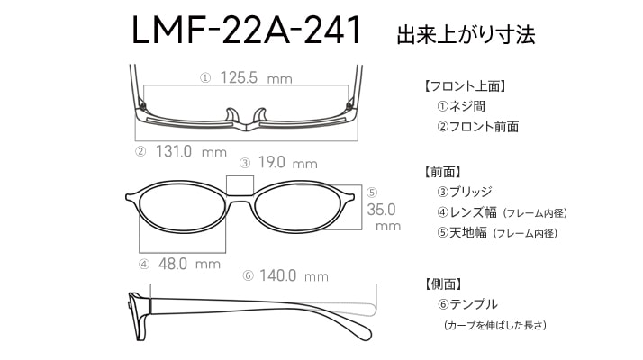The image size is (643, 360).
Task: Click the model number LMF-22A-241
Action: pyautogui.click(x=246, y=31)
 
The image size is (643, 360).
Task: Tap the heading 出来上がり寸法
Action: pyautogui.click(x=466, y=35)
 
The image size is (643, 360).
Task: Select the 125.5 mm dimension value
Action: pyautogui.click(x=257, y=77)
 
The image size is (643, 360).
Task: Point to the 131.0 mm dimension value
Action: pyautogui.click(x=191, y=152)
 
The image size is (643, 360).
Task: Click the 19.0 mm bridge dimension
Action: pyautogui.click(x=287, y=163)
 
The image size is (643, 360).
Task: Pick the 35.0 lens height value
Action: pyautogui.click(x=381, y=210)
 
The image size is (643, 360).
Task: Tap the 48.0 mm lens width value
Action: pyautogui.click(x=189, y=264)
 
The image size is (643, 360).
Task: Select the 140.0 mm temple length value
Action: pyautogui.click(x=294, y=275)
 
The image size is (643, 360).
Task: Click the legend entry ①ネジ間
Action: pyautogui.click(x=461, y=106)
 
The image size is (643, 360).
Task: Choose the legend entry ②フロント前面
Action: pyautogui.click(x=477, y=127)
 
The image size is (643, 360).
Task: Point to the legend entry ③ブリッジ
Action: pyautogui.click(x=464, y=192)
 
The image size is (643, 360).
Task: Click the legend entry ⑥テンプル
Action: pyautogui.click(x=467, y=304)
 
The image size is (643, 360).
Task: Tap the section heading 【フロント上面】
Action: pyautogui.click(x=465, y=86)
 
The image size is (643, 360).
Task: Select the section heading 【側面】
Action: pyautogui.click(x=443, y=283)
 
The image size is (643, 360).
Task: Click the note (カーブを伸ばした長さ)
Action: pyautogui.click(x=495, y=325)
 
